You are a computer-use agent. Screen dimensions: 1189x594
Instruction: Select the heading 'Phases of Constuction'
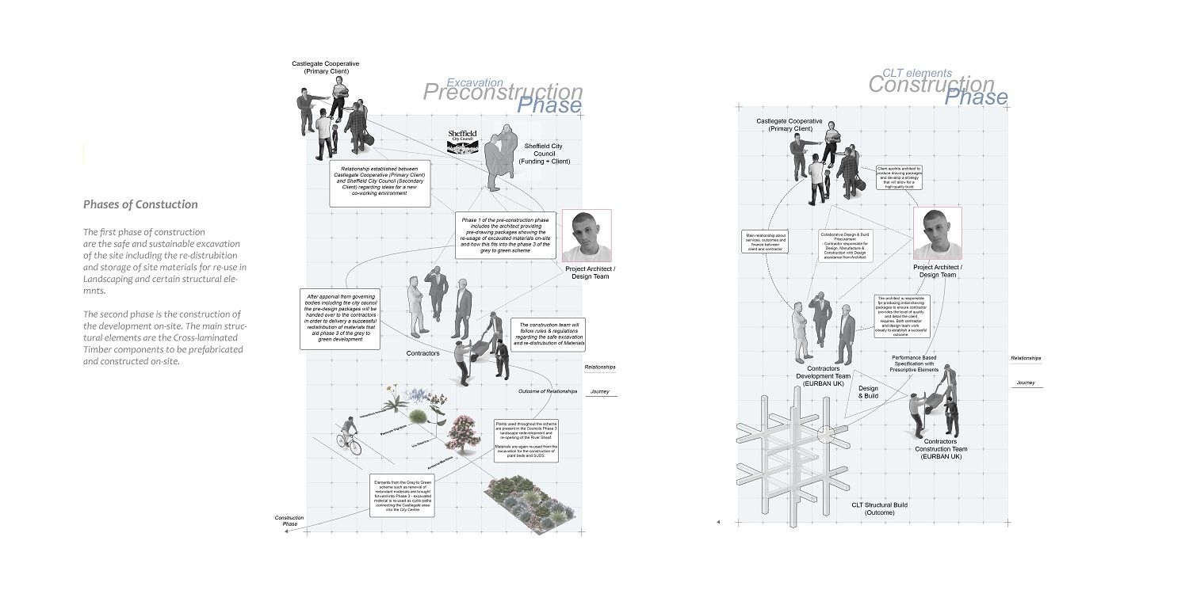pyautogui.click(x=140, y=204)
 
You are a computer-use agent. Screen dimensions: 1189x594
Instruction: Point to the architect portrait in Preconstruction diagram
pyautogui.click(x=586, y=236)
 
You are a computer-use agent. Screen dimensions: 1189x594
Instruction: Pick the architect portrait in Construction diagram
pyautogui.click(x=937, y=234)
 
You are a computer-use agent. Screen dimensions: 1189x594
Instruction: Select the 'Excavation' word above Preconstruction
pyautogui.click(x=475, y=82)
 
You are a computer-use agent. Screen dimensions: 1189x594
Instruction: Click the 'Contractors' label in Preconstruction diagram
pyautogui.click(x=422, y=352)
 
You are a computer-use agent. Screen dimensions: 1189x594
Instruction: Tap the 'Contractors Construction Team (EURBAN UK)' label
pyautogui.click(x=941, y=449)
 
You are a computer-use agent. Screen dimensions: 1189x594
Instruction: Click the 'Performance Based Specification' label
pyautogui.click(x=914, y=364)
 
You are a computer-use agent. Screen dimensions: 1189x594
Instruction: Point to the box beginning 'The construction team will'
pyautogui.click(x=549, y=334)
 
